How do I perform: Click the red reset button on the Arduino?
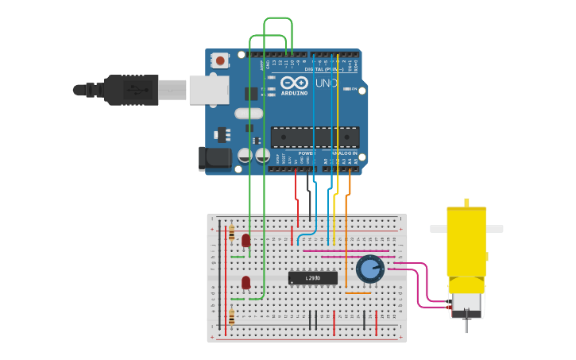tap(219, 60)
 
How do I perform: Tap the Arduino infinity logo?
tap(293, 83)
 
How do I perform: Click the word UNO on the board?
tap(326, 83)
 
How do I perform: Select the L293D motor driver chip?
tap(313, 277)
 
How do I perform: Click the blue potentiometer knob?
tap(369, 269)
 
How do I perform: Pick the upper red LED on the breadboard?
tap(246, 239)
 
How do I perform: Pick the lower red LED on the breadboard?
tap(246, 282)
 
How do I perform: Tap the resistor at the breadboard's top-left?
tap(231, 232)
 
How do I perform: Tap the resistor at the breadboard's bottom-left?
tap(231, 316)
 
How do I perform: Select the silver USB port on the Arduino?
tap(208, 90)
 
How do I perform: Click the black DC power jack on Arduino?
tap(215, 158)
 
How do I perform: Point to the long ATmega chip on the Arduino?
tap(315, 137)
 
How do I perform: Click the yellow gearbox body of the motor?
tap(466, 242)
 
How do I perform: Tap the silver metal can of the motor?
tap(466, 303)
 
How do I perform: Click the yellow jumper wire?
tap(338, 127)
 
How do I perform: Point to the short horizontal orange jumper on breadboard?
tap(358, 293)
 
